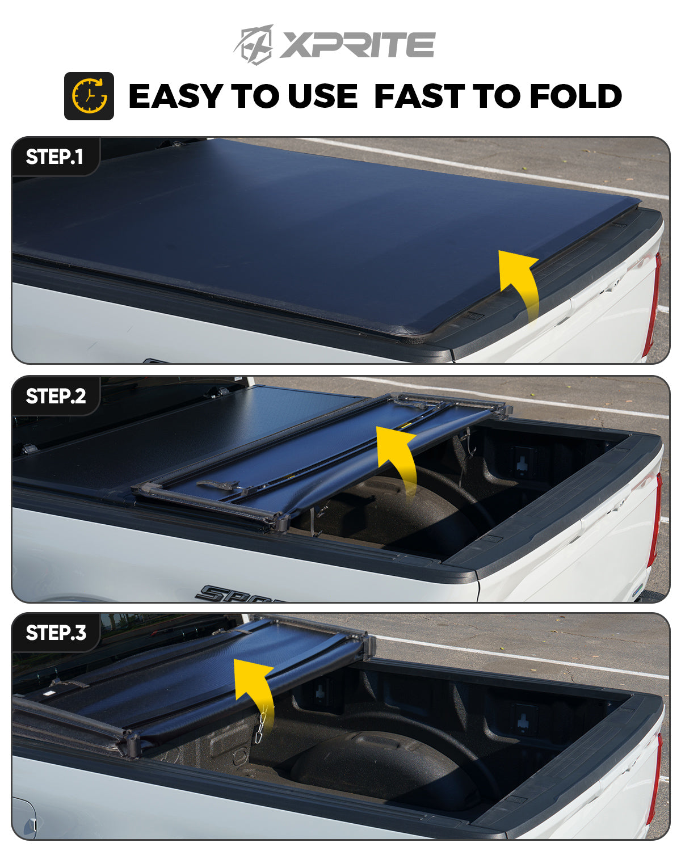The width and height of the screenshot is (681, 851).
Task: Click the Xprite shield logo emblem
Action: [254, 45]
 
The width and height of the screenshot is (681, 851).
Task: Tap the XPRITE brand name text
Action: [358, 45]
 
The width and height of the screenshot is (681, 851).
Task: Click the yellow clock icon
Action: [89, 96]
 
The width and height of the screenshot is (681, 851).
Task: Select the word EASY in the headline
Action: [175, 96]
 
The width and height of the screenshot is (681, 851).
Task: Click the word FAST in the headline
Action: [419, 96]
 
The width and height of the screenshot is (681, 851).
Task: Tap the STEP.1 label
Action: [54, 157]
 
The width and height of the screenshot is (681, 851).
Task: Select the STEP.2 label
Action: [56, 396]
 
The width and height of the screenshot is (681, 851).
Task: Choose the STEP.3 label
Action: [56, 633]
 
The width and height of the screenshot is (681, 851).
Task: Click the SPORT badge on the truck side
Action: [237, 593]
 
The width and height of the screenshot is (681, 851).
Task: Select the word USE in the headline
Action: [322, 96]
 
